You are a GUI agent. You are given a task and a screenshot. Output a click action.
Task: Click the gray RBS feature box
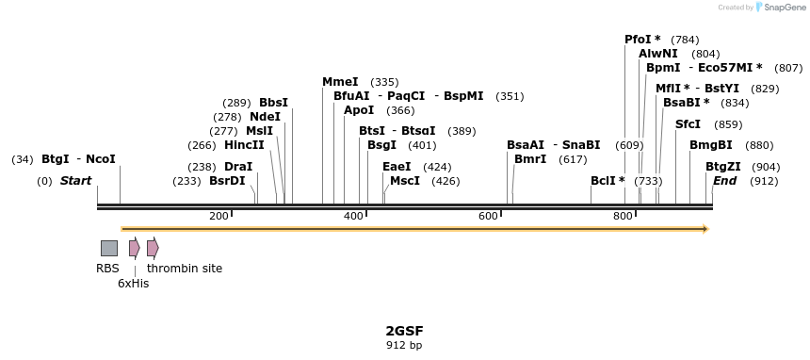109,248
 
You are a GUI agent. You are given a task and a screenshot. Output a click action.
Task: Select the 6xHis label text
133,283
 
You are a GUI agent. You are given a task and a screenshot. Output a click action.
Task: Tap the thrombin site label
185,269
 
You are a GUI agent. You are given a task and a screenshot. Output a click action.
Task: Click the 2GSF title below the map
404,331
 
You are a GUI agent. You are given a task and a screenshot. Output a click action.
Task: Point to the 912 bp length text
404,345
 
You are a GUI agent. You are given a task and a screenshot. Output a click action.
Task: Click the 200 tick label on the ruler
219,217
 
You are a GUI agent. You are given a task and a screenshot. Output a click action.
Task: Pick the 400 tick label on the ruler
353,217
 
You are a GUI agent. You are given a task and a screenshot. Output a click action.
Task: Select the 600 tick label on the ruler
488,217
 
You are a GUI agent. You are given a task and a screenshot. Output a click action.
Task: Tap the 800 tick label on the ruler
623,217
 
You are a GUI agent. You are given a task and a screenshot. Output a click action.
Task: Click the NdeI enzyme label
265,117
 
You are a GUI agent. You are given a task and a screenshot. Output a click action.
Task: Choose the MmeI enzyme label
340,82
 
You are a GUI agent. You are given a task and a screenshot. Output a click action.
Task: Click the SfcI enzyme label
688,124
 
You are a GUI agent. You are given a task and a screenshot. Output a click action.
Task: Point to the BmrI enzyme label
530,159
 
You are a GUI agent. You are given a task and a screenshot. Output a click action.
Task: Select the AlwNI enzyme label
657,54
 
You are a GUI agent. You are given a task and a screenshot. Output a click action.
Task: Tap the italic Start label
76,180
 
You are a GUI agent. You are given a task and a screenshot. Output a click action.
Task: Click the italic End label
724,180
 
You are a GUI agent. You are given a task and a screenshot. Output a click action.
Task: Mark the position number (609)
629,145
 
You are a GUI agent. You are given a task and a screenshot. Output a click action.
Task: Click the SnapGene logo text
784,8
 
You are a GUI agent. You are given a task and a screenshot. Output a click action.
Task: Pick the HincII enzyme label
244,145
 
